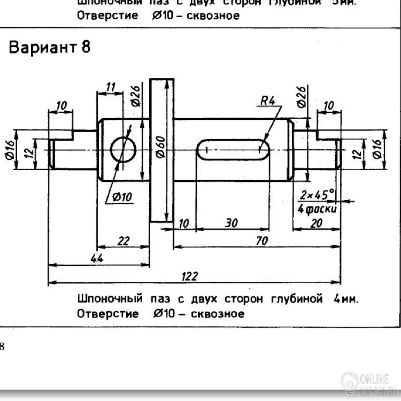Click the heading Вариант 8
pyautogui.click(x=49, y=48)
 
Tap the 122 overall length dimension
pyautogui.click(x=190, y=276)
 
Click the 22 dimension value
pyautogui.click(x=124, y=241)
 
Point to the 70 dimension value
pyautogui.click(x=261, y=241)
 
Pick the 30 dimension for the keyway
pyautogui.click(x=231, y=223)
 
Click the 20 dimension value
pyautogui.click(x=317, y=223)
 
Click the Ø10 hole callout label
pyautogui.click(x=122, y=197)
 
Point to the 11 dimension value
pyautogui.click(x=111, y=87)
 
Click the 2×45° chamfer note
pyautogui.click(x=317, y=194)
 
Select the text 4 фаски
pyautogui.click(x=317, y=209)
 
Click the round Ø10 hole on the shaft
pyautogui.click(x=124, y=149)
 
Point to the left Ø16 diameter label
pyautogui.click(x=9, y=150)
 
